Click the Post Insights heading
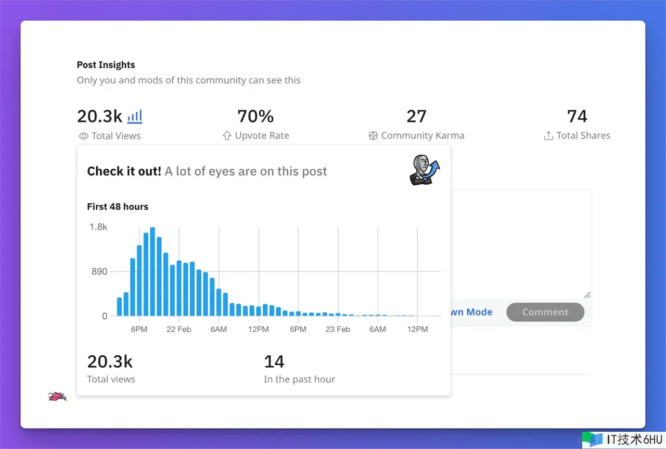point(106,65)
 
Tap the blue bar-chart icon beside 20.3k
point(135,116)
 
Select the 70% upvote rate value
point(255,116)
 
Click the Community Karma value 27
point(416,116)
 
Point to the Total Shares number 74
point(577,116)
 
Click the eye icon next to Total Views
point(83,136)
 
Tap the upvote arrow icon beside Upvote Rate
point(227,136)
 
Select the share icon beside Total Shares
point(548,136)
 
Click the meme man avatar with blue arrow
point(424,170)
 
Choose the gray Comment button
point(545,312)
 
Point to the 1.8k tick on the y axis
point(98,227)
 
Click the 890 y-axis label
point(98,271)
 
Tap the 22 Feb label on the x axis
point(178,329)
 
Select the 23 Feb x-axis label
point(338,329)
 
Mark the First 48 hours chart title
point(118,207)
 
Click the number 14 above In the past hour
point(274,361)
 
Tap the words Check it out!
point(124,171)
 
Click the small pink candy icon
point(57,397)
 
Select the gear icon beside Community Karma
point(373,136)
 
